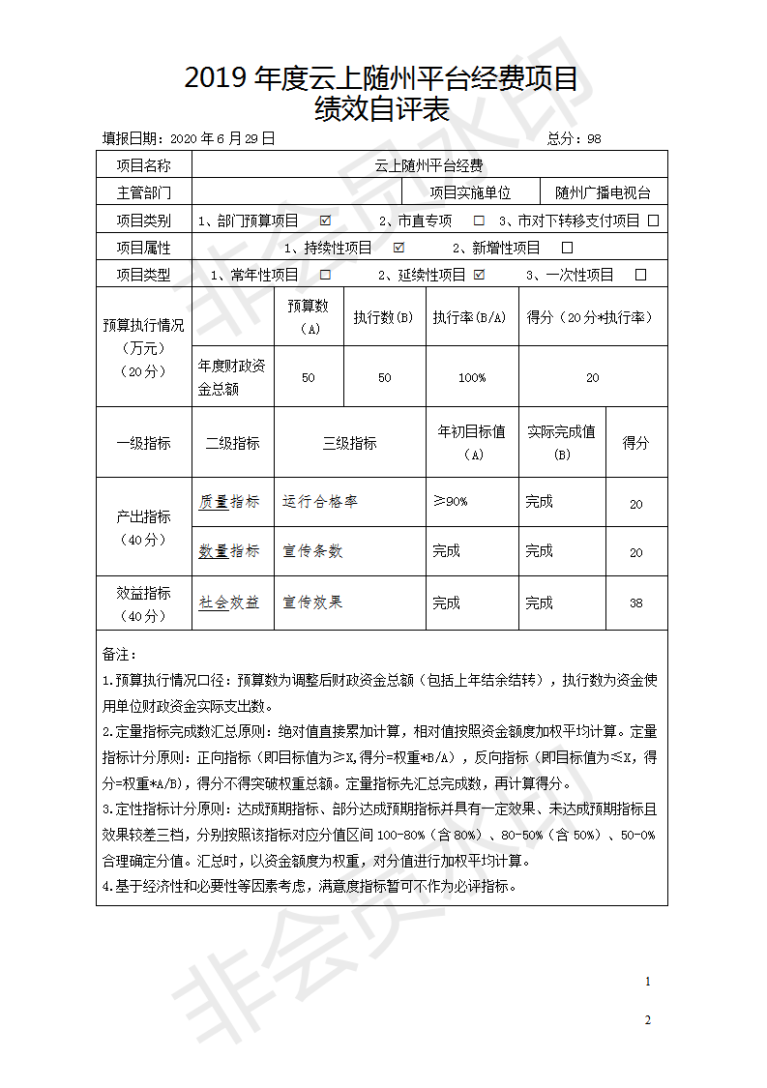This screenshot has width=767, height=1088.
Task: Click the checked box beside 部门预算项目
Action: [326, 221]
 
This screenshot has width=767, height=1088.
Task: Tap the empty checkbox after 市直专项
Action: [479, 221]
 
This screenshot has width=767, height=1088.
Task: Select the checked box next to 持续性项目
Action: [398, 248]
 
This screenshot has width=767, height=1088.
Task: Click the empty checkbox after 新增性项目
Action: [567, 248]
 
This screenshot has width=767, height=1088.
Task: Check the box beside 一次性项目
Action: [640, 275]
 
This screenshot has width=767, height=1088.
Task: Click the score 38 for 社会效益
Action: [635, 603]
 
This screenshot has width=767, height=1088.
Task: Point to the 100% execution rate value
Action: [472, 377]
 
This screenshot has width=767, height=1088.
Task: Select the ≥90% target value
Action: [451, 502]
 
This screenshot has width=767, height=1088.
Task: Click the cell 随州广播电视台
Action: [604, 192]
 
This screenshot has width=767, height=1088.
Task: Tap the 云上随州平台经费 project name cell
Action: [429, 165]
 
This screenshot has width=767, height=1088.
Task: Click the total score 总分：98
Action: [575, 138]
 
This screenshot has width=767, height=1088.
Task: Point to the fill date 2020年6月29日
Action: [221, 138]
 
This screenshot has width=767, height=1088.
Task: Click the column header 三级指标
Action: [349, 443]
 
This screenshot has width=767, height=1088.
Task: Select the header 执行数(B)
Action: [384, 317]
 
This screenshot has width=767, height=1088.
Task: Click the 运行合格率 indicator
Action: [320, 502]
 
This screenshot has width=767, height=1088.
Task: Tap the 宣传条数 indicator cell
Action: [312, 551]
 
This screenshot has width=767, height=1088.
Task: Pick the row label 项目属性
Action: [143, 248]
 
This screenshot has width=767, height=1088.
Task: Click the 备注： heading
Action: [120, 656]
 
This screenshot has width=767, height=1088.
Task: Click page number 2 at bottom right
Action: [647, 1020]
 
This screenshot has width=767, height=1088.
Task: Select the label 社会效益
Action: [229, 603]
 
